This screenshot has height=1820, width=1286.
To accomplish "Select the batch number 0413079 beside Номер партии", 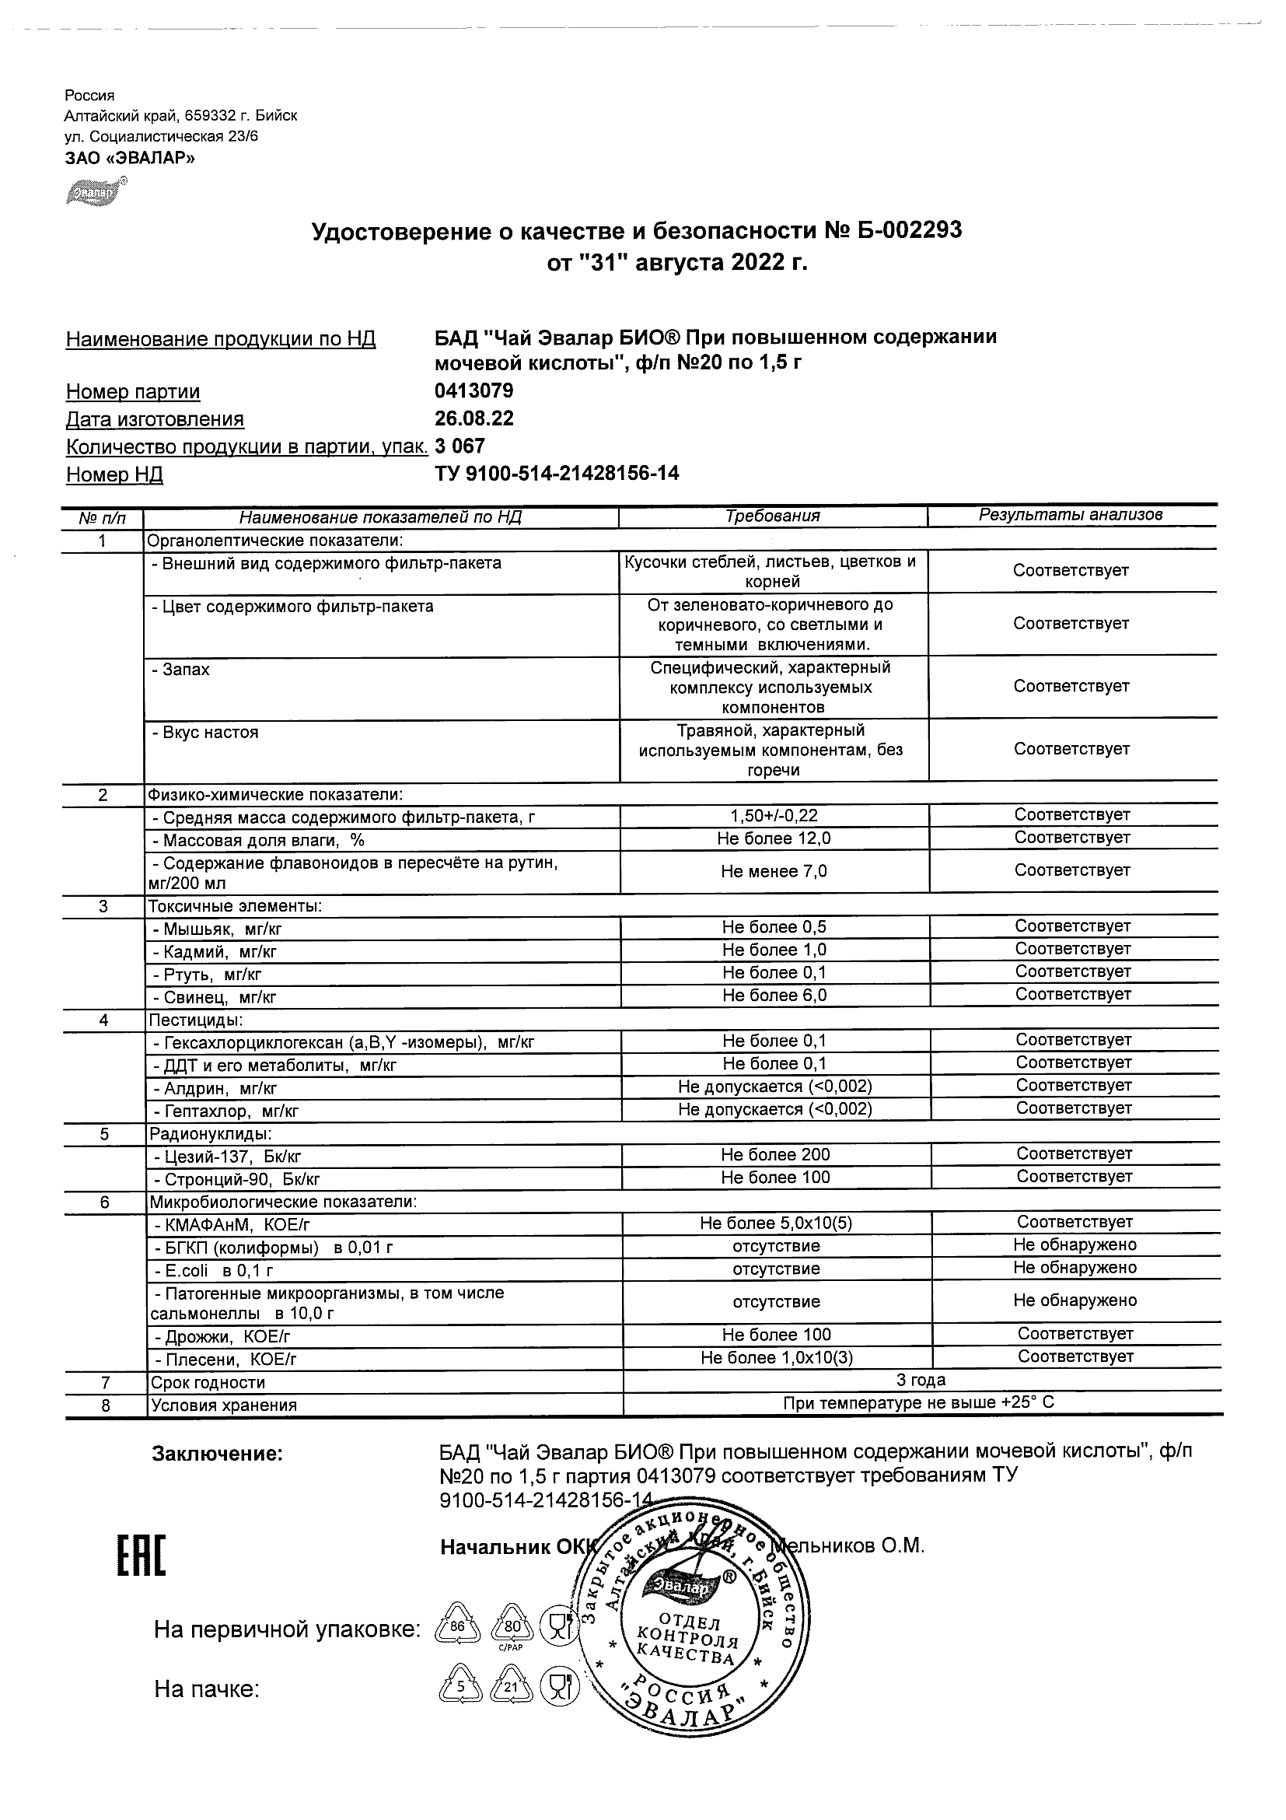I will pyautogui.click(x=474, y=390).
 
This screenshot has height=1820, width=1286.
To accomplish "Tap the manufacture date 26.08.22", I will pyautogui.click(x=474, y=418).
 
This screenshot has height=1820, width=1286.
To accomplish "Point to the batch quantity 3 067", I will pyautogui.click(x=460, y=446).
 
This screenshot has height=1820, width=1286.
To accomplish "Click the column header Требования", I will pyautogui.click(x=773, y=516).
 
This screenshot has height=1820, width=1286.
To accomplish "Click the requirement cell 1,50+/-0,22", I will pyautogui.click(x=774, y=815).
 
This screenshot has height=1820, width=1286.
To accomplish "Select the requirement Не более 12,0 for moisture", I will pyautogui.click(x=774, y=838).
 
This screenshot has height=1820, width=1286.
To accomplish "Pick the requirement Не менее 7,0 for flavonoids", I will pyautogui.click(x=774, y=871).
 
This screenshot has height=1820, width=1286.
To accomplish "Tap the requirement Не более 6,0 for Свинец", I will pyautogui.click(x=774, y=996).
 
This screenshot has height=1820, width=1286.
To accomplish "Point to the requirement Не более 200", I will pyautogui.click(x=775, y=1155).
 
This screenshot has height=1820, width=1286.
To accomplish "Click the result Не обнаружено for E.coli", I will pyautogui.click(x=1075, y=1268).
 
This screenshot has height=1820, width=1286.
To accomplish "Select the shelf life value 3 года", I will pyautogui.click(x=921, y=1380).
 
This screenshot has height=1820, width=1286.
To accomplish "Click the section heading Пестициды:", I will pyautogui.click(x=196, y=1020).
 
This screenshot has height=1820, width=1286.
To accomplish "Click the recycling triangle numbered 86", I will pyautogui.click(x=458, y=1626).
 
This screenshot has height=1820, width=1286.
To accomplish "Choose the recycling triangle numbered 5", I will pyautogui.click(x=460, y=1687).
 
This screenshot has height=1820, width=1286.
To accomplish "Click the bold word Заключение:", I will pyautogui.click(x=217, y=1454).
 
